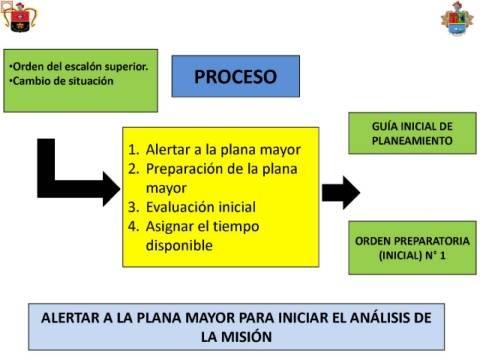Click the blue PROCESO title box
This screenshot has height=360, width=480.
pos(236,76)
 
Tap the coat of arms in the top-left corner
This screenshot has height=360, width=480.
pos(19,17)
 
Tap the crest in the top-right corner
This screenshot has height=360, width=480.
pos(457,19)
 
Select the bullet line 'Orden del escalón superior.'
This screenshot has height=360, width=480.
pos(79,67)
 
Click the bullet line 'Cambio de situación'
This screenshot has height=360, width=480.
pos(61,81)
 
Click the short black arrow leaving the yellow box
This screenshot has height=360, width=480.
pos(341,193)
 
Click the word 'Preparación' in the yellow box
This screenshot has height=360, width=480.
pos(188,169)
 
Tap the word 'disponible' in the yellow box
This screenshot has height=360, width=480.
pos(179,245)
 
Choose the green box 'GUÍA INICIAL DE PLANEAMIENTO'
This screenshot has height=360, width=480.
pos(412,133)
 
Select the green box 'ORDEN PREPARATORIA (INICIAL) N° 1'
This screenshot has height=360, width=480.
pos(412,248)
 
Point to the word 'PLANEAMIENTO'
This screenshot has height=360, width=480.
pos(412,141)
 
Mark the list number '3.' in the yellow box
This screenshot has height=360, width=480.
pos(134,207)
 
